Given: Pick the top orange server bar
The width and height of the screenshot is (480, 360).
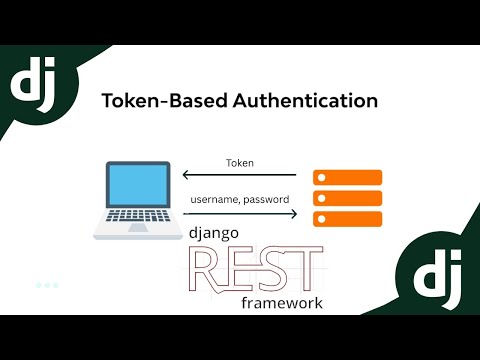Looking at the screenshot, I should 348,177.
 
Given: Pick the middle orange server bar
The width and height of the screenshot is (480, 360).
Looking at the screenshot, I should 348,198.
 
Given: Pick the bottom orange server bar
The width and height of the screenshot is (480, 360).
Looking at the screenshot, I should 348,218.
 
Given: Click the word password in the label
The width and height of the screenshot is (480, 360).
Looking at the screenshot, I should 270,200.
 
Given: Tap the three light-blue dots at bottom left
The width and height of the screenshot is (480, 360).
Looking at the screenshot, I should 47,285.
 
